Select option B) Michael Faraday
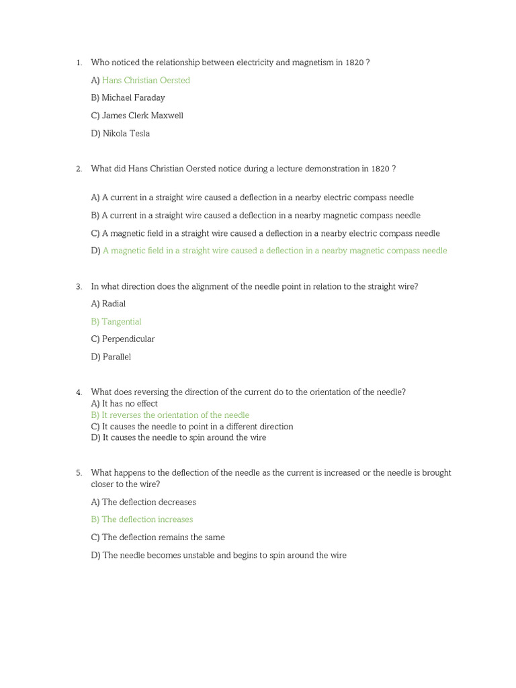128,98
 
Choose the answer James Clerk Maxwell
137,116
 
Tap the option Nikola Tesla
120,134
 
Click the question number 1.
79,63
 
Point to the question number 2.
79,169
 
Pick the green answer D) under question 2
269,251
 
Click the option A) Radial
108,304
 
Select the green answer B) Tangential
116,322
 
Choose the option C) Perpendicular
122,339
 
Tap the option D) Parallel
111,357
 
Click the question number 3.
79,287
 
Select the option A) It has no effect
124,404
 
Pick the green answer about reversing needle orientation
170,415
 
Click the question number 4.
79,392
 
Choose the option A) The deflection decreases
143,503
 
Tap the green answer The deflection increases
142,520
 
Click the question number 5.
79,473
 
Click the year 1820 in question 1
355,63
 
